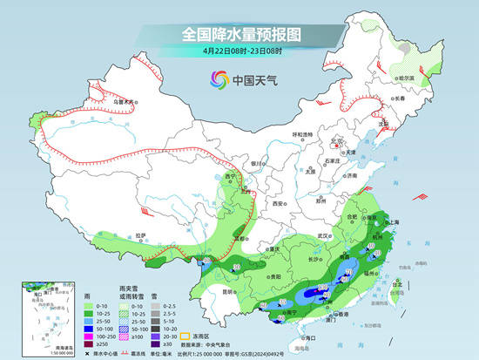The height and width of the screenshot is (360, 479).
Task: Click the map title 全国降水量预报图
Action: (239, 34)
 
